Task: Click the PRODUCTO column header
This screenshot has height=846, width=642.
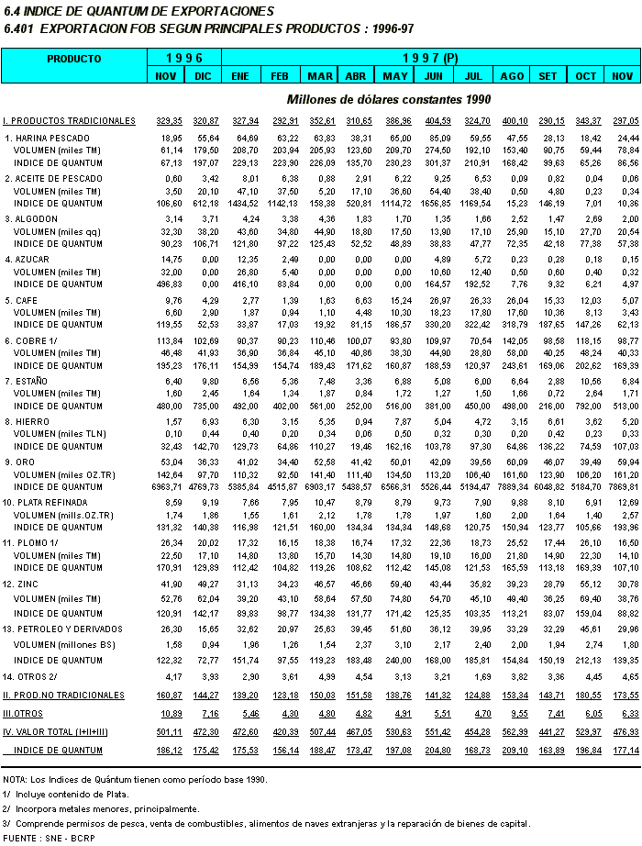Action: point(74,58)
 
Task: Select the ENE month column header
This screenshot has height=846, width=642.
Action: point(241,75)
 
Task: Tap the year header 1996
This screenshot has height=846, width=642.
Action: point(184,58)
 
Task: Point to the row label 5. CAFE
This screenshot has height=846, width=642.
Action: point(23,300)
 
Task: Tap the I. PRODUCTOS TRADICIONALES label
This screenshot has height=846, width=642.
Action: point(70,121)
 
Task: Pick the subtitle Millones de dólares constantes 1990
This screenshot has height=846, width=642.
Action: point(389,99)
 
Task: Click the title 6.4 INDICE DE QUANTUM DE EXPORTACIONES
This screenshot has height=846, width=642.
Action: point(138,11)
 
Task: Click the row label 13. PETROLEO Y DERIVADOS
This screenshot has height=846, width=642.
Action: point(62,629)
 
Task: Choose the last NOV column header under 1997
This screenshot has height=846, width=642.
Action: point(623,75)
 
